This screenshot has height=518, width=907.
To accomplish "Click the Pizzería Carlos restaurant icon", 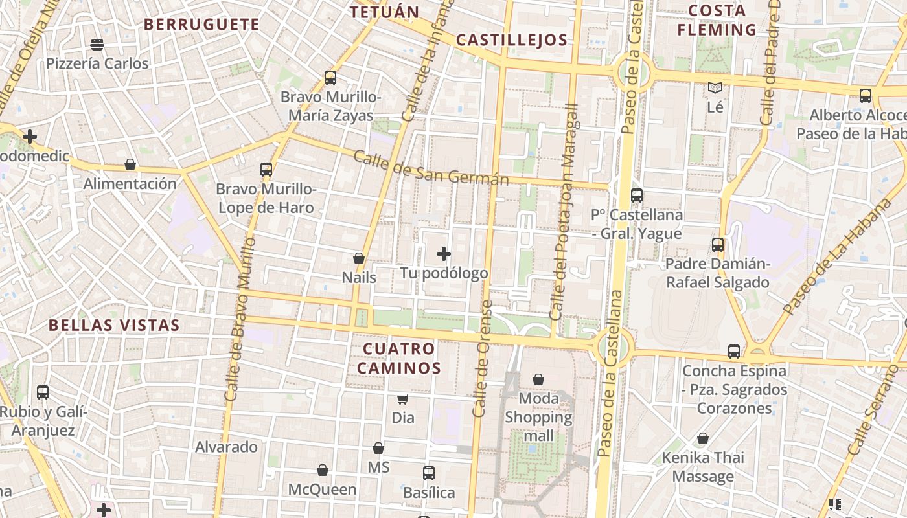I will click(x=97, y=45).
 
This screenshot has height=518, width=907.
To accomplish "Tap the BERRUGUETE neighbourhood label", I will click(x=201, y=25).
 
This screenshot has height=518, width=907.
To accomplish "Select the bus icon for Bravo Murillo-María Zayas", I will click(x=330, y=78).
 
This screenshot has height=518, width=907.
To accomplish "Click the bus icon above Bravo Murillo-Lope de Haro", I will click(x=266, y=170).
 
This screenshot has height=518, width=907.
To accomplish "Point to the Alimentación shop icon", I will click(x=130, y=164).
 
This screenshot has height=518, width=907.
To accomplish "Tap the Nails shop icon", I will click(x=359, y=258).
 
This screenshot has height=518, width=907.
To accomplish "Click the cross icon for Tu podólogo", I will click(x=444, y=254).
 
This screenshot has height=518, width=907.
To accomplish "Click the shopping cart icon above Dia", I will click(x=403, y=399).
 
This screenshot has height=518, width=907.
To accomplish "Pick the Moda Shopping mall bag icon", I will click(x=538, y=379).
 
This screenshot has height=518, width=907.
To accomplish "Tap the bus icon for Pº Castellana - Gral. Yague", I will click(x=637, y=195).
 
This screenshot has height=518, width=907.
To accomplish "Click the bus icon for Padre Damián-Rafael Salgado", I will click(x=718, y=245).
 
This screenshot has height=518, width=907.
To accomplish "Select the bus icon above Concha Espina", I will click(x=734, y=352).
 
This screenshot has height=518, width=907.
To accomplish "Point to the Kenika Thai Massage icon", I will click(x=703, y=438).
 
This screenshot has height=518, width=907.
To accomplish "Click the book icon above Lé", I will click(x=715, y=88).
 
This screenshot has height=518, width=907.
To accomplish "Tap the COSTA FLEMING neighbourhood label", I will click(x=717, y=20).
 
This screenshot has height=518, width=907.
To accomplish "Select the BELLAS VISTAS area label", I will click(x=114, y=325).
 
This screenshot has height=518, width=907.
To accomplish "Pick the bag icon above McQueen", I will click(x=323, y=470).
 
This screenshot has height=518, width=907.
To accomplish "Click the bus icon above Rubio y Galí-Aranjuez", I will click(x=43, y=392).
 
